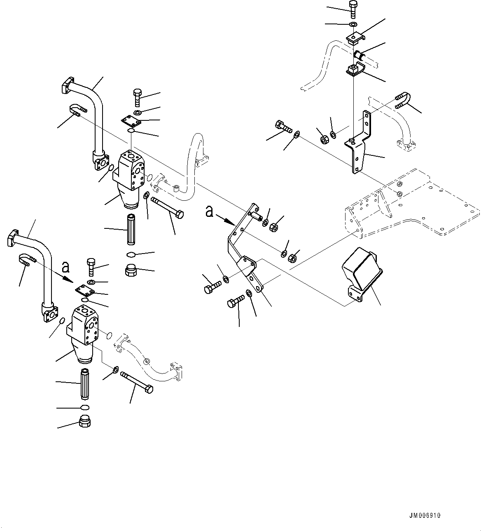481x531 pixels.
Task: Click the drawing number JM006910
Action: tap(425, 516)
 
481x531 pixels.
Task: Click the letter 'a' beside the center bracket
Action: tap(210, 212)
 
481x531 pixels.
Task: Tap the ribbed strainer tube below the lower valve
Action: tap(84, 383)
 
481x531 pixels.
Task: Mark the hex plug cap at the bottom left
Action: tap(84, 423)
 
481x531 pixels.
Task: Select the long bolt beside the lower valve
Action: tap(137, 382)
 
